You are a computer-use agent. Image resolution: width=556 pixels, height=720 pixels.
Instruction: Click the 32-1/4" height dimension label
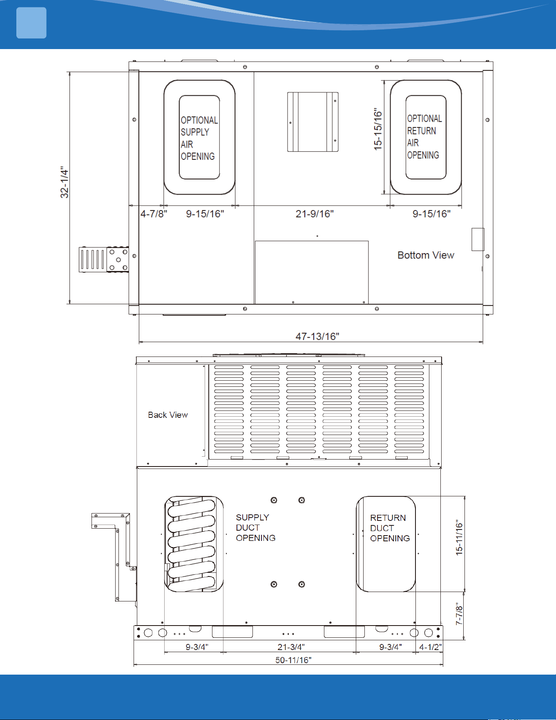click(65, 182)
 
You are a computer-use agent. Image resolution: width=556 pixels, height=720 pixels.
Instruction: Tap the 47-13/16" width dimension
click(317, 336)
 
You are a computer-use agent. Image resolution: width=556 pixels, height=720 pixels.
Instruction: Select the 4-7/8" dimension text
click(154, 214)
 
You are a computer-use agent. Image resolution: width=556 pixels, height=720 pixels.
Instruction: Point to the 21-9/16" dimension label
click(315, 214)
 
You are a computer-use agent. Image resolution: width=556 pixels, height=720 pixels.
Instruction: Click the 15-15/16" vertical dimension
click(378, 129)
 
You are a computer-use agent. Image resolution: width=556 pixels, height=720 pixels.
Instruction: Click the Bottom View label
click(426, 255)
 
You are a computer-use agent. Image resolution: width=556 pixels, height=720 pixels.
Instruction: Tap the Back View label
click(168, 415)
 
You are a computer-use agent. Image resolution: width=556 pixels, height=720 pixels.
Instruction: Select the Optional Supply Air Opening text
click(199, 138)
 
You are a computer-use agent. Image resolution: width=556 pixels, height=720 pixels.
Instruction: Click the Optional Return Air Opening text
click(424, 137)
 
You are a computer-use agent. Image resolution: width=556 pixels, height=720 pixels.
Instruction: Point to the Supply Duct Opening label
click(256, 528)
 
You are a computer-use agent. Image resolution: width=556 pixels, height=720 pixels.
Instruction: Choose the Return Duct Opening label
click(390, 528)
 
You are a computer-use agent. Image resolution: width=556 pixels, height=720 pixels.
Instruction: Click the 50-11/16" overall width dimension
click(293, 660)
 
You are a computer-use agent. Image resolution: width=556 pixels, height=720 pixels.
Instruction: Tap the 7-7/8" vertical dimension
click(460, 614)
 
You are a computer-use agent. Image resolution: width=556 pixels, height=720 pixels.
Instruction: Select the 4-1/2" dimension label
click(431, 647)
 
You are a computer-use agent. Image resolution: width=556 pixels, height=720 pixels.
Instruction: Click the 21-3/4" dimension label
click(291, 647)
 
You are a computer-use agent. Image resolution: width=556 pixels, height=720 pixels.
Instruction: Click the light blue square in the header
click(31, 23)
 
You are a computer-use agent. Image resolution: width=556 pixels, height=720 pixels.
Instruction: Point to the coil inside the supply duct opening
click(192, 544)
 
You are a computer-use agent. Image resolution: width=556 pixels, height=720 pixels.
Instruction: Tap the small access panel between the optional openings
click(313, 122)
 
